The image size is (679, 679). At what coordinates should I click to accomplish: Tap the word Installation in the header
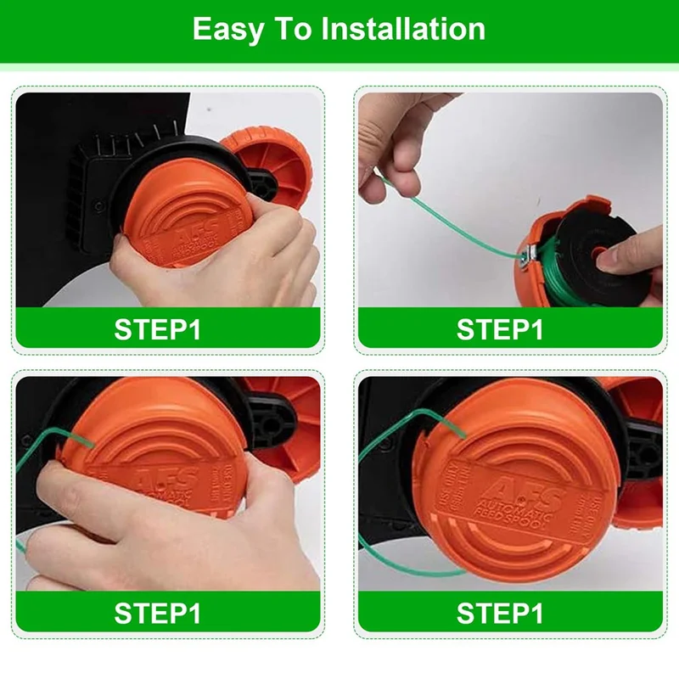tap(403, 30)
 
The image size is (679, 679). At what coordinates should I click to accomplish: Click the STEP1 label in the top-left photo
tap(158, 328)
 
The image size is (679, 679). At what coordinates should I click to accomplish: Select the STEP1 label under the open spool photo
tap(500, 328)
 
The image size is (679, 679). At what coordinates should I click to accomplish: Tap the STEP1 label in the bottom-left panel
tap(158, 612)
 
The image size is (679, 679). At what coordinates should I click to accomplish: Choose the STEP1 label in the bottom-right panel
tap(500, 612)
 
